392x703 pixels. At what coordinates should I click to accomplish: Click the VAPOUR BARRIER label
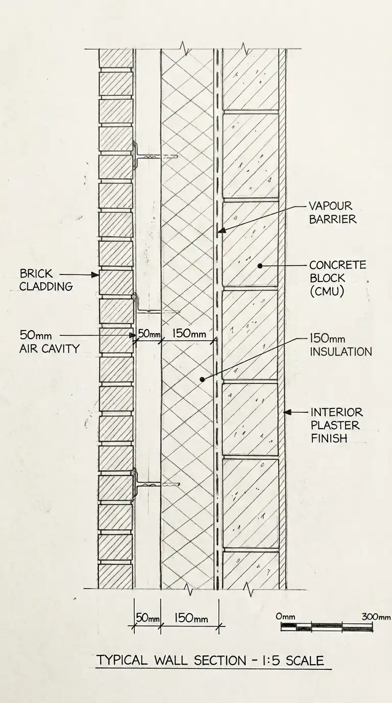pyautogui.click(x=331, y=213)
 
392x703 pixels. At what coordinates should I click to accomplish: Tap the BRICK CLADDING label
pyautogui.click(x=45, y=280)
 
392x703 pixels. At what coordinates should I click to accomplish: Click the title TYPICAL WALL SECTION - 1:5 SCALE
pyautogui.click(x=210, y=660)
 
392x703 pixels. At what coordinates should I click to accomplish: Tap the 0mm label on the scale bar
pyautogui.click(x=285, y=617)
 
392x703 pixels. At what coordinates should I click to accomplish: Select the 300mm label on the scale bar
pyautogui.click(x=376, y=617)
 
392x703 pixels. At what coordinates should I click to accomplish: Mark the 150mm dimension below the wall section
pyautogui.click(x=191, y=618)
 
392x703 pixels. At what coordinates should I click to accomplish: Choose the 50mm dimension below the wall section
pyautogui.click(x=148, y=618)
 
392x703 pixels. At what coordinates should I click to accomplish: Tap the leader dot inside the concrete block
pyautogui.click(x=260, y=266)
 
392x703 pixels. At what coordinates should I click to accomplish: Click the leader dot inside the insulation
pyautogui.click(x=202, y=379)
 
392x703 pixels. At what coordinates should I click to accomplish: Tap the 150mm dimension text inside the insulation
pyautogui.click(x=190, y=334)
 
